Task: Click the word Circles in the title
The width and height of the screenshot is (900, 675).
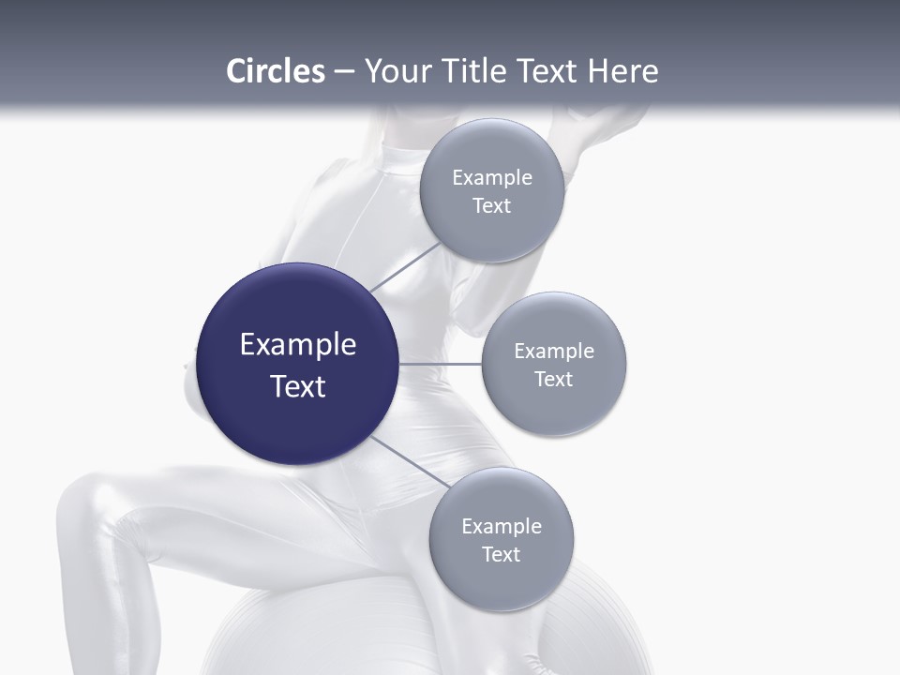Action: point(275,71)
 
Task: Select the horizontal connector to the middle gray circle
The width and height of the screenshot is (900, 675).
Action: point(440,364)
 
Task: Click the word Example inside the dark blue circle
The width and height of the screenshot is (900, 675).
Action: point(298,345)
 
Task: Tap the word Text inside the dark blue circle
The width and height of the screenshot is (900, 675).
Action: point(298,386)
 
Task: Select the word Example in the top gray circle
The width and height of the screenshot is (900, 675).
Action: point(492,178)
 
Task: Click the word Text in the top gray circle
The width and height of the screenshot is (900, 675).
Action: point(492,206)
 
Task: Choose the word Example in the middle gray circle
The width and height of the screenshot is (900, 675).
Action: point(554,352)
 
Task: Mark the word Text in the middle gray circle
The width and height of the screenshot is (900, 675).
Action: point(554,380)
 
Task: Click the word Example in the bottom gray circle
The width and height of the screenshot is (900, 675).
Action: point(502,527)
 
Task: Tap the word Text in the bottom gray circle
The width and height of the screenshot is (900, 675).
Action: point(502,555)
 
